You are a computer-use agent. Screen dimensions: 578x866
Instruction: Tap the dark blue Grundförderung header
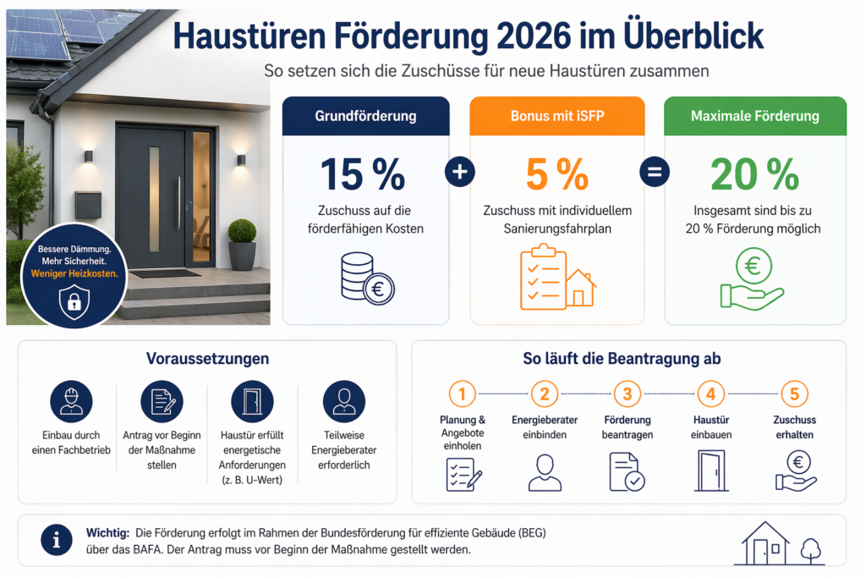coord(365,116)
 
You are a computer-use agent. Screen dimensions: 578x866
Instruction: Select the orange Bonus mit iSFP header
coord(556,116)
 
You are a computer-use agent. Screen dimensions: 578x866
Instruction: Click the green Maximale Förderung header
coord(754,116)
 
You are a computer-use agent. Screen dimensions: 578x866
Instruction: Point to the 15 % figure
coord(364,174)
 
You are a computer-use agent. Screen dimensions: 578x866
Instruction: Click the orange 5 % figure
coord(556,174)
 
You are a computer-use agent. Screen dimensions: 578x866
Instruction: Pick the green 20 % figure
coord(754,174)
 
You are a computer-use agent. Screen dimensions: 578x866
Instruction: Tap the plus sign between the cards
coord(460,172)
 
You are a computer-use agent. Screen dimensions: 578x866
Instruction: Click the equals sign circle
coord(654,172)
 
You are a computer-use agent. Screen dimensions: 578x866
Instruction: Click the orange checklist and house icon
coord(556,277)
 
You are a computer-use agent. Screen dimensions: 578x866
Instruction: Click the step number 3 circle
coord(627,394)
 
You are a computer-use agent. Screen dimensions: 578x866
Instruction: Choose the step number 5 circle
coord(794,394)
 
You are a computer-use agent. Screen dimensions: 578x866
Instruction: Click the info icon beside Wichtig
coord(57,539)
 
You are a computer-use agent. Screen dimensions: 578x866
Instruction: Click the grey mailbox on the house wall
coord(88,204)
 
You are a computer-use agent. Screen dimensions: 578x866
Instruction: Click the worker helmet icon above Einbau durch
coord(71,401)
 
